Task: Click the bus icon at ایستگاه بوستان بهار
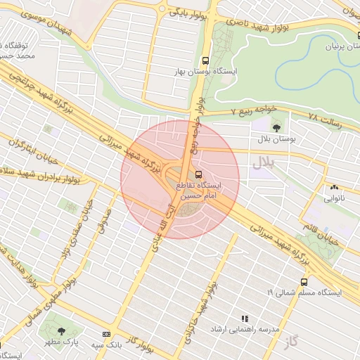tap(205, 60)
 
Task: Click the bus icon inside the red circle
tap(198, 174)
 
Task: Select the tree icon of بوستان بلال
tap(276, 127)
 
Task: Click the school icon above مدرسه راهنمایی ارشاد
tap(245, 319)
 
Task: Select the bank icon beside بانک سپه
tap(106, 334)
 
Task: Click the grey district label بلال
tap(262, 162)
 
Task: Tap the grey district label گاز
tap(292, 342)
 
